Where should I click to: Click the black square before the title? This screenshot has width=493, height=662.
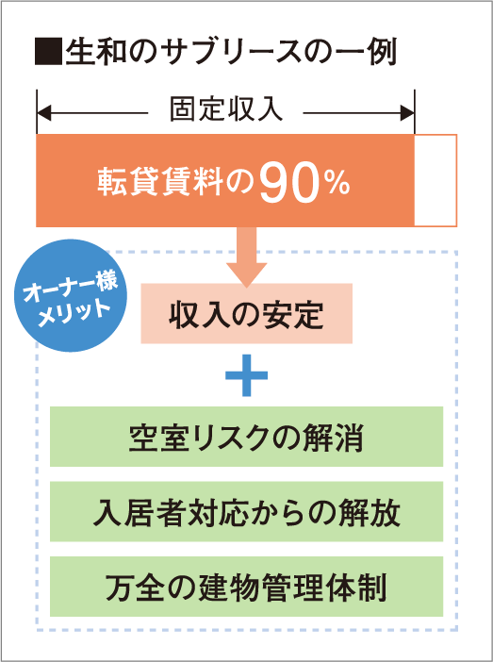point(49,53)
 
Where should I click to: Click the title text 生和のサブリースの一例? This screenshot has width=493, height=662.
point(231,53)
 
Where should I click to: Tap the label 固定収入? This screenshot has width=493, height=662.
point(226,111)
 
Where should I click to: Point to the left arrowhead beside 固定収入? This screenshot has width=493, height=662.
point(44,113)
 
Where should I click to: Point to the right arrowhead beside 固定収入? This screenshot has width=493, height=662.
point(408,113)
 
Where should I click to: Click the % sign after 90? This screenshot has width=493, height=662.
point(337,186)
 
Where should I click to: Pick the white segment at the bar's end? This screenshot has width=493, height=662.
point(435,180)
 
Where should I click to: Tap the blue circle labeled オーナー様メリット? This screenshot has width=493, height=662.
point(71,295)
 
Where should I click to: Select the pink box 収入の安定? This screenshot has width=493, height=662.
point(247,313)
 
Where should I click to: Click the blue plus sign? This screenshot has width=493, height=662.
point(247,375)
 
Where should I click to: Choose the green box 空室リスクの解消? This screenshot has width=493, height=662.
point(247,437)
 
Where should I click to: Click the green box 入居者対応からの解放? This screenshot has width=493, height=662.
point(247,511)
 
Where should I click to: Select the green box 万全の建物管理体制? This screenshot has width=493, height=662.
point(247,587)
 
